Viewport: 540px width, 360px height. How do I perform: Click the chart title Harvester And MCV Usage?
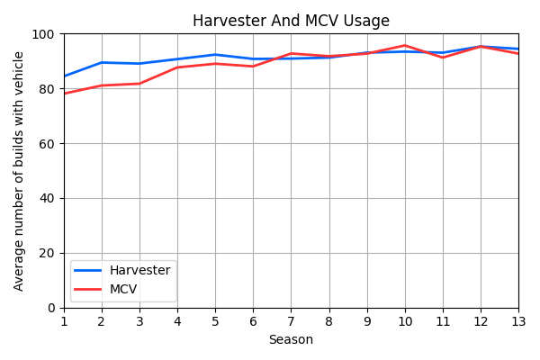tap(291, 21)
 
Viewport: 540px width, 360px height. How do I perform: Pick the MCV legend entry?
tap(123, 289)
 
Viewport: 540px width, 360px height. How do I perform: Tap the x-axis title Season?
tap(291, 339)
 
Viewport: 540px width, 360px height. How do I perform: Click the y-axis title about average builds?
tap(19, 170)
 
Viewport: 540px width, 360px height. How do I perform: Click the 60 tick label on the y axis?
tap(48, 144)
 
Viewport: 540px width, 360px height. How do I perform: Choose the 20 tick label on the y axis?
tap(48, 253)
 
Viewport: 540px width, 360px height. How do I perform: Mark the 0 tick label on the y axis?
tap(51, 308)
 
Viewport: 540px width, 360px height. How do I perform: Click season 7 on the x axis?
tap(291, 321)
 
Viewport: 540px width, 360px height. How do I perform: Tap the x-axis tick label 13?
tap(518, 321)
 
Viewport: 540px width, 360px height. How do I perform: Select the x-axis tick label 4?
tap(177, 321)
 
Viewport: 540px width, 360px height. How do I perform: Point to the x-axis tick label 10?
tap(405, 321)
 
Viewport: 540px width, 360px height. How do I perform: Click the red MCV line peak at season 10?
tap(405, 45)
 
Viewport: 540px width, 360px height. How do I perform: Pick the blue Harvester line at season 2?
tap(102, 62)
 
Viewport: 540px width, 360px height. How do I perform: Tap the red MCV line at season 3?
tap(139, 84)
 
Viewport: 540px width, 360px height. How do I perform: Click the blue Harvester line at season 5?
tap(215, 55)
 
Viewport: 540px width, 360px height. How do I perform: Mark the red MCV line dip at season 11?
tap(443, 58)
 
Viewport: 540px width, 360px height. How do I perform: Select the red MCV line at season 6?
tap(253, 67)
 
